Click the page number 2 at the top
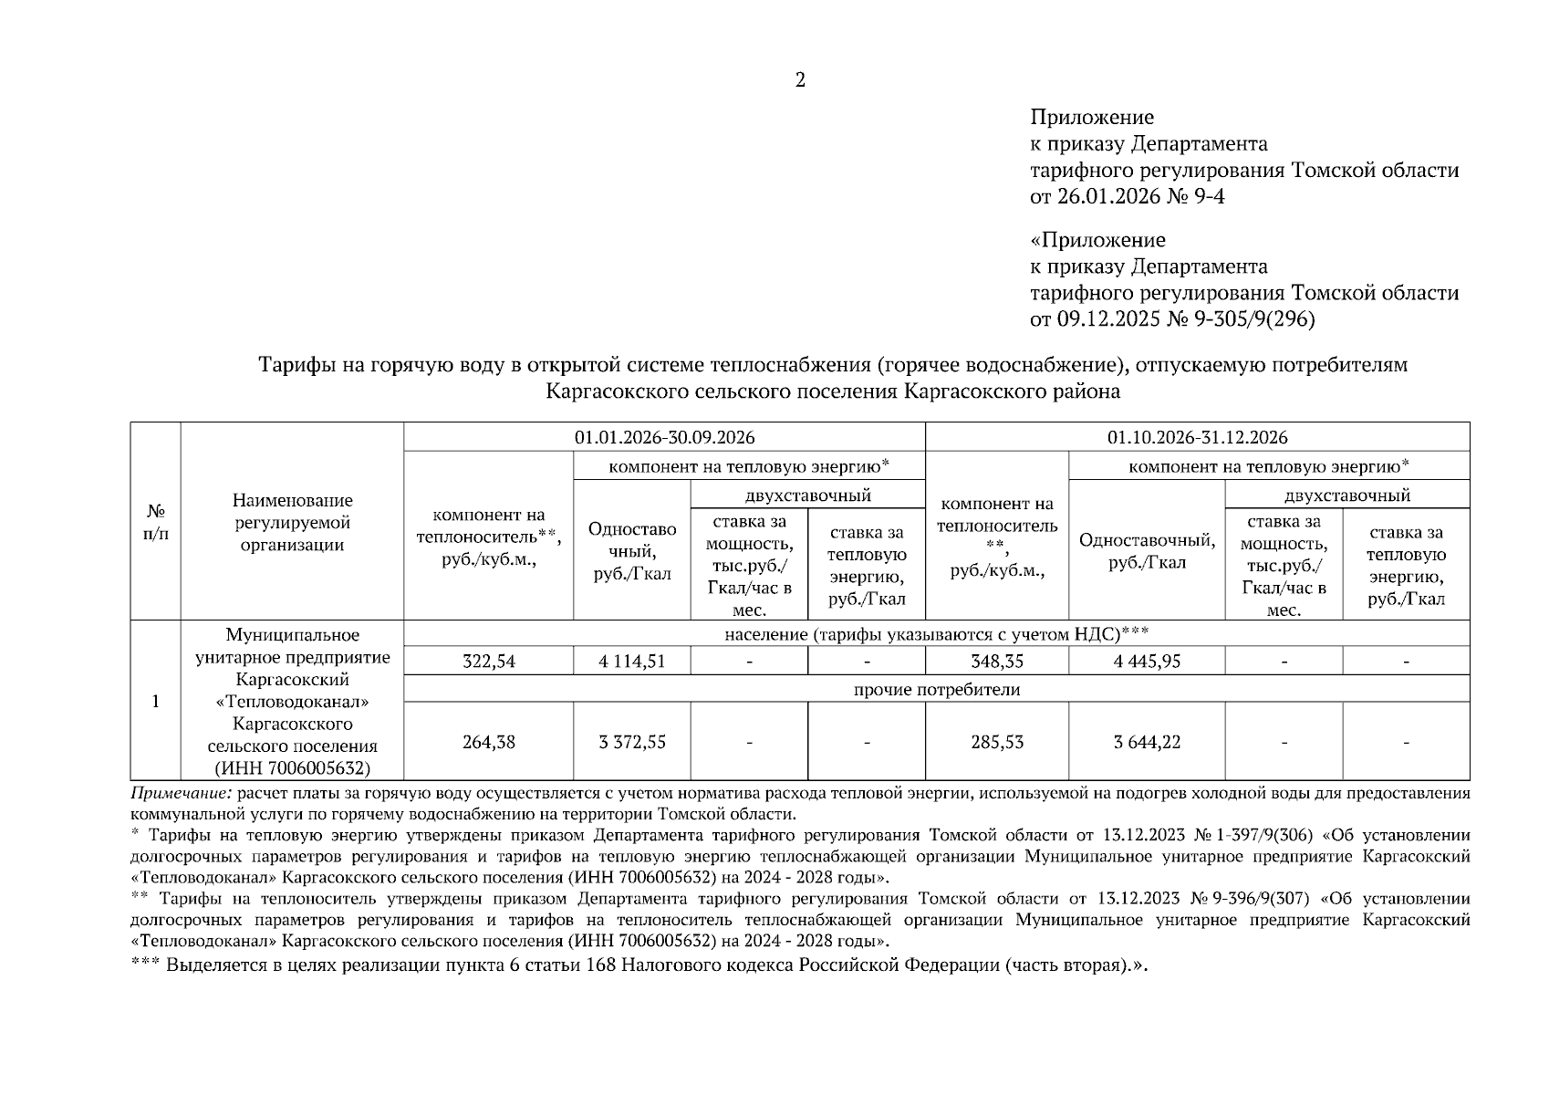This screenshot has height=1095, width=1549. [x=800, y=81]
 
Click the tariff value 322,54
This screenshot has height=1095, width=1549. [x=488, y=662]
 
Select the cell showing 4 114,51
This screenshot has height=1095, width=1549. [x=631, y=662]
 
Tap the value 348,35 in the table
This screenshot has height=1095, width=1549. [x=996, y=662]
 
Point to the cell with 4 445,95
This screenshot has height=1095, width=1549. [x=1146, y=662]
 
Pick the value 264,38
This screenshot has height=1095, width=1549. [x=488, y=742]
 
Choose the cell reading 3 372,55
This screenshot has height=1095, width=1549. [x=631, y=742]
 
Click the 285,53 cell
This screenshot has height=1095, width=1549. [x=996, y=742]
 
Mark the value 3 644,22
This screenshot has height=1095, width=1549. [x=1146, y=742]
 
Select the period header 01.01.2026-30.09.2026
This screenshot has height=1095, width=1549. [x=664, y=437]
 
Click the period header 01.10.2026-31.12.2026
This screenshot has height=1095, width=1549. [x=1197, y=437]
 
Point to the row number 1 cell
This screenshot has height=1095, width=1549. [x=156, y=701]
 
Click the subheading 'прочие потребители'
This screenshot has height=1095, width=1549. [x=936, y=690]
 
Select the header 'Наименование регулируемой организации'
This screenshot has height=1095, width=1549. [x=292, y=523]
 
